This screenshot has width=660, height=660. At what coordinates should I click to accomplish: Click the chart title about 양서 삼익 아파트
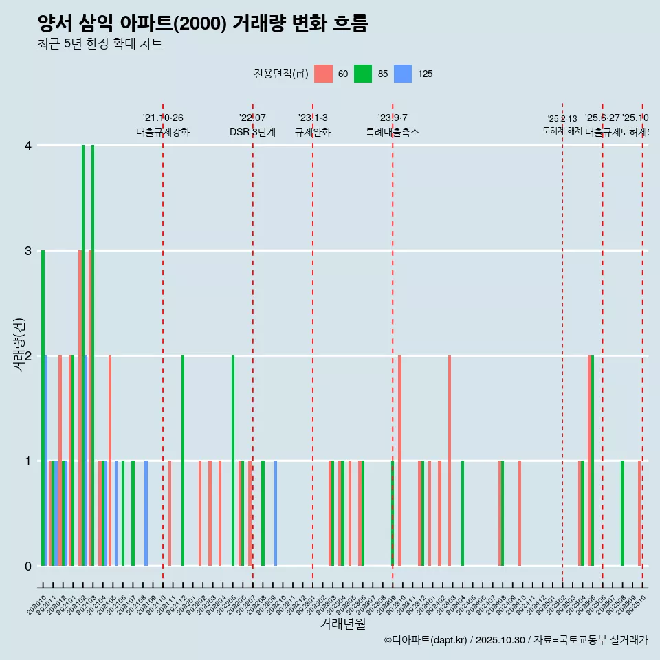[203, 23]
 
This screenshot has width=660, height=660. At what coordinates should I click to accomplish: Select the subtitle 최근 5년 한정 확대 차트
[100, 44]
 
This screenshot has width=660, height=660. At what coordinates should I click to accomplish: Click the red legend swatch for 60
[323, 74]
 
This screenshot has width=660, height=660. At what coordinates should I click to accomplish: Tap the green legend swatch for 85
[363, 74]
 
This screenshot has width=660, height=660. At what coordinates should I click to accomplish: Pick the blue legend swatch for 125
[403, 74]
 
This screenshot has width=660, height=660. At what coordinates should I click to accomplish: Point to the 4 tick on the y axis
[28, 146]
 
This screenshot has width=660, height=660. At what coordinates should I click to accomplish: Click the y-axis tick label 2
[28, 356]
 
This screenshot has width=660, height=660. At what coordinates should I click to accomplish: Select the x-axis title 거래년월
[342, 624]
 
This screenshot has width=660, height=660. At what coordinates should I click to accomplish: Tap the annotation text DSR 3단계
[252, 133]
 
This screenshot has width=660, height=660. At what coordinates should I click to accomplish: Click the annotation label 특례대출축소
[392, 133]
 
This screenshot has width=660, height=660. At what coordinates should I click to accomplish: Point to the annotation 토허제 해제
[562, 131]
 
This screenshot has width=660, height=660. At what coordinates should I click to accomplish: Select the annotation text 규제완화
[313, 133]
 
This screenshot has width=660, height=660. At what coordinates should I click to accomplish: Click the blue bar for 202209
[276, 513]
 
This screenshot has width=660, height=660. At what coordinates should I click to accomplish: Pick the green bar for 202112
[183, 461]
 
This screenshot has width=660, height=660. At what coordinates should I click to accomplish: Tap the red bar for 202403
[450, 461]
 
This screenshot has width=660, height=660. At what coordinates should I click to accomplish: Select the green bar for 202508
[623, 513]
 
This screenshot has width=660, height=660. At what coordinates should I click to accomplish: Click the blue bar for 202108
[146, 513]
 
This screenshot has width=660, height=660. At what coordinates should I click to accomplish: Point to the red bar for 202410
[520, 513]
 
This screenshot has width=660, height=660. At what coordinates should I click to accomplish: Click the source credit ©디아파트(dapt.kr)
[426, 640]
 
